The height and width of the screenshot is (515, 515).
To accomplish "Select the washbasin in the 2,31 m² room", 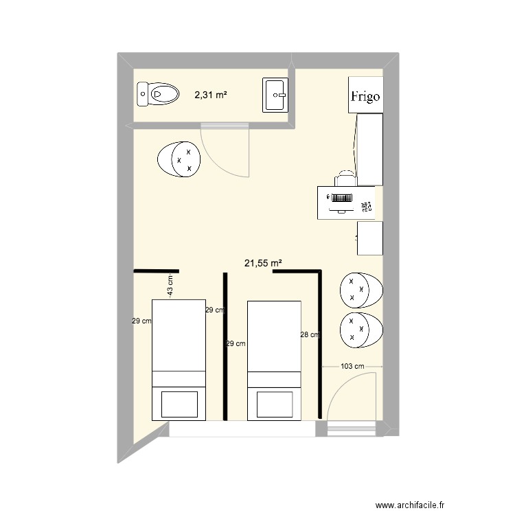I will tap(277, 95).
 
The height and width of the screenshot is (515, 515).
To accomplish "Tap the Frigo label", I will tap(365, 96).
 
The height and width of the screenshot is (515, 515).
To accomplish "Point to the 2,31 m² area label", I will tap(211, 95).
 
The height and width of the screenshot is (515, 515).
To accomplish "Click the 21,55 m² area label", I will tap(264, 262).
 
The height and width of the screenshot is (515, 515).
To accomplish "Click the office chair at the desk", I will tap(346, 179).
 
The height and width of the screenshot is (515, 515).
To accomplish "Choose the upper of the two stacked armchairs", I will tap(360, 290).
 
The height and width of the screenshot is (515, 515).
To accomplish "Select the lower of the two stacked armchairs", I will tap(360, 330).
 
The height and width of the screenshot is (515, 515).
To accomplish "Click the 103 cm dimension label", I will tap(352, 367).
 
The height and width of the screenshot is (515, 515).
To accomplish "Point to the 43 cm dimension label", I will tap(171, 285).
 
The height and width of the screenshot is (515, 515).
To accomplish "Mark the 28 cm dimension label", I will tap(310, 335).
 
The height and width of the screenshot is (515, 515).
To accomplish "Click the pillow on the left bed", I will tap(179, 404).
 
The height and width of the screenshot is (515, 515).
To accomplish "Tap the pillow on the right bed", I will tap(274, 404).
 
